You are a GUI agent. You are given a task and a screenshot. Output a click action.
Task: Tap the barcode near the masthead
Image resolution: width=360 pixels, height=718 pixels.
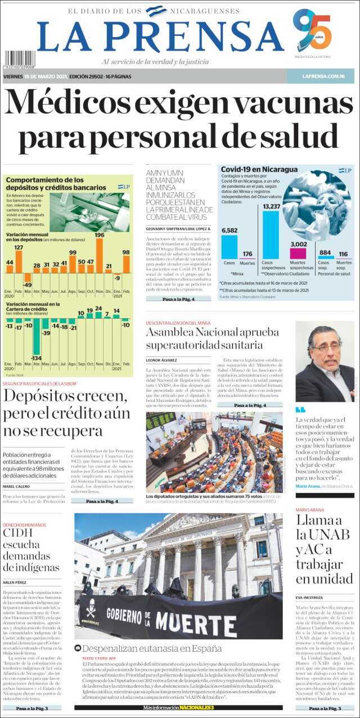click(20, 60)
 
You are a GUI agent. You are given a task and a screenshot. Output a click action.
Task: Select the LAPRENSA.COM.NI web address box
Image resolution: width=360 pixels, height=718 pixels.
click(320, 76)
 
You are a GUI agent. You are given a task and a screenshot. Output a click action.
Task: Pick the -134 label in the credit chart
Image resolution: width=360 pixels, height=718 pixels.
click(37, 358)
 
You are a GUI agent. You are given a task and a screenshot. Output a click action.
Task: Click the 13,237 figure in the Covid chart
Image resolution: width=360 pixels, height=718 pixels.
click(271, 207)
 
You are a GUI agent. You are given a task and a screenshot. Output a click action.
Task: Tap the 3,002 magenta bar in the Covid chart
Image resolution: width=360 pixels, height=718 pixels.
click(298, 253)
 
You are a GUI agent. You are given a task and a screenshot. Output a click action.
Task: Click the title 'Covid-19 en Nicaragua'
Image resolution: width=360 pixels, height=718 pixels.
click(251, 169)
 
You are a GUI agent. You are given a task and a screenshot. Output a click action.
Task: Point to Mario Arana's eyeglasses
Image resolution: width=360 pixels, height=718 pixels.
click(326, 349)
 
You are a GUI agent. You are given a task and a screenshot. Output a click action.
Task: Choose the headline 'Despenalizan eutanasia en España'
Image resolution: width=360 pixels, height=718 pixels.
click(152, 648)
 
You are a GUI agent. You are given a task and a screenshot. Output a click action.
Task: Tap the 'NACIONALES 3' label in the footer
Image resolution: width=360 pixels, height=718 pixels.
click(197, 707)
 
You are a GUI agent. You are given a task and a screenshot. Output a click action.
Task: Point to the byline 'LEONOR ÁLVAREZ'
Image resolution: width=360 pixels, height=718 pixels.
click(161, 360)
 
